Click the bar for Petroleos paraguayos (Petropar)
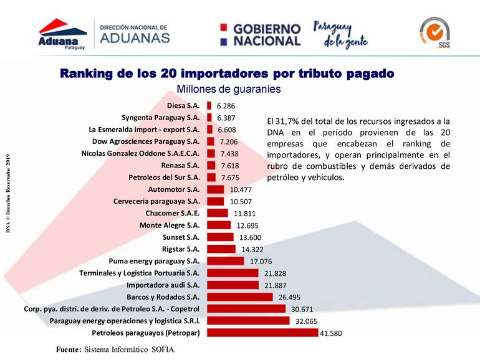[x=262, y=332]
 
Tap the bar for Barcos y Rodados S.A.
[x=239, y=297]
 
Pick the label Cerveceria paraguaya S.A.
[x=156, y=201]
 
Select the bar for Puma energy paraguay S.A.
[x=225, y=261]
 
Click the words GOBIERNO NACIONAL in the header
[x=266, y=35]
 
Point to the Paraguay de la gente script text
[x=342, y=36]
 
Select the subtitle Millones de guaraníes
[x=228, y=89]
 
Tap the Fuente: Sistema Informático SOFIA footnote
[x=116, y=349]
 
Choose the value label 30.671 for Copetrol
[x=301, y=309]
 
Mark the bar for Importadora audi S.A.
[x=233, y=285]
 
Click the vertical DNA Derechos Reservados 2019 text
[x=9, y=193]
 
